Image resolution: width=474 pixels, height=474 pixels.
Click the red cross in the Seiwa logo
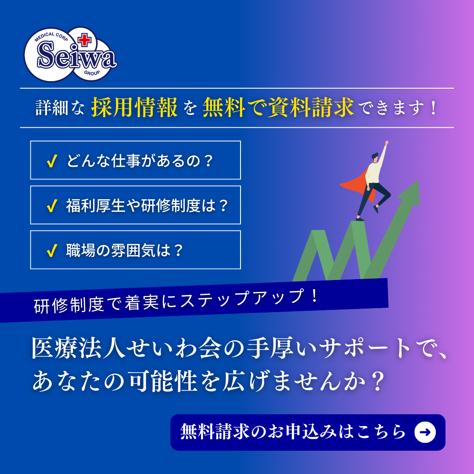coord(85,40)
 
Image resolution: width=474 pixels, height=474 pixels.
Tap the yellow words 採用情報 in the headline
coord(134,108)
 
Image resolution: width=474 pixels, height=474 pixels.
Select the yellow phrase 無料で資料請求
coord(278,108)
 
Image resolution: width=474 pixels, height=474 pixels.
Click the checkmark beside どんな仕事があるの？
coord(52,161)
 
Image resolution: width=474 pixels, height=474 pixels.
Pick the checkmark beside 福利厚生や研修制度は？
coord(52,205)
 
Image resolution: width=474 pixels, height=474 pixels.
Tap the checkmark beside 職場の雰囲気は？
coord(52,250)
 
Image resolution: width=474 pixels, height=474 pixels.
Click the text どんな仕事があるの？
coord(140,161)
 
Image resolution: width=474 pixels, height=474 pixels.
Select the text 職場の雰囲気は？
coord(125,250)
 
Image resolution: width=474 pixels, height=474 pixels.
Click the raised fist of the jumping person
coord(386,142)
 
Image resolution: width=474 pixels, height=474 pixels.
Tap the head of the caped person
coord(375,157)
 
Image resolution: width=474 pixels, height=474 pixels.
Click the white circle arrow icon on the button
coord(425,432)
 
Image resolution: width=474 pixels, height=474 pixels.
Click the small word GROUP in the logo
coord(92,73)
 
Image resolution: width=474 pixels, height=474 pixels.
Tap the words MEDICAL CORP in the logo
coord(51,36)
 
